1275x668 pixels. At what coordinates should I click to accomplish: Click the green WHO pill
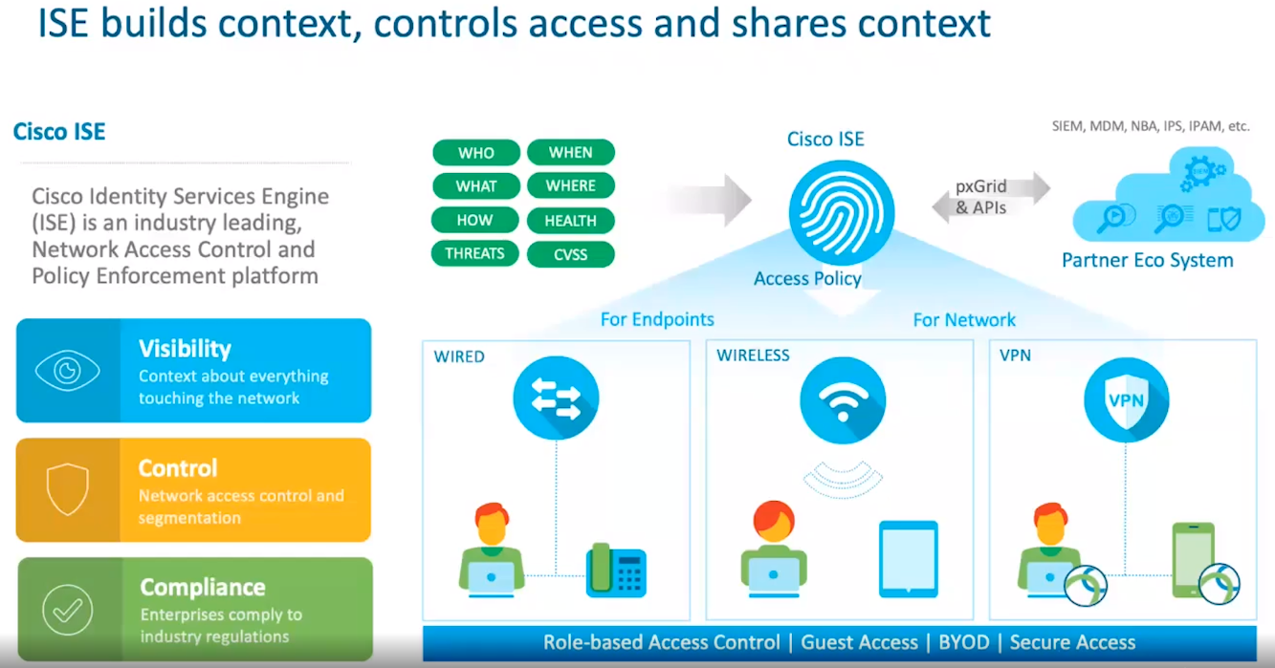tap(475, 153)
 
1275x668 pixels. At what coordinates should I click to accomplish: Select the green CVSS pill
tap(570, 254)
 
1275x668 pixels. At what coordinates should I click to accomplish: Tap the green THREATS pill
tap(474, 253)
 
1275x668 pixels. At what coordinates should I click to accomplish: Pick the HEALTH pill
tap(570, 221)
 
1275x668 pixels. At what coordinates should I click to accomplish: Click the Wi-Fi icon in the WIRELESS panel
tap(842, 398)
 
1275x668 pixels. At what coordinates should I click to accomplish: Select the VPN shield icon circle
tap(1126, 399)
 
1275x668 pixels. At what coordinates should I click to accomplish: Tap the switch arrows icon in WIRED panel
tap(556, 399)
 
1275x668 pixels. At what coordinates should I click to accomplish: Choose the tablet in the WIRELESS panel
tap(908, 559)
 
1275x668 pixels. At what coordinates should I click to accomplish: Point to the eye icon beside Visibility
tap(67, 371)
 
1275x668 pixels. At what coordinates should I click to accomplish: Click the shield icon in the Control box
tap(67, 489)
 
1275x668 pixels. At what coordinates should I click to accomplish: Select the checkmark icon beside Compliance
tap(67, 609)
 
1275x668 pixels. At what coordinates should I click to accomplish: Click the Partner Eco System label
tap(1147, 260)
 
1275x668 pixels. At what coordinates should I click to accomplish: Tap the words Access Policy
tap(807, 279)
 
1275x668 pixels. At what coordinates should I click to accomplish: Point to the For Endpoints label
tap(657, 319)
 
